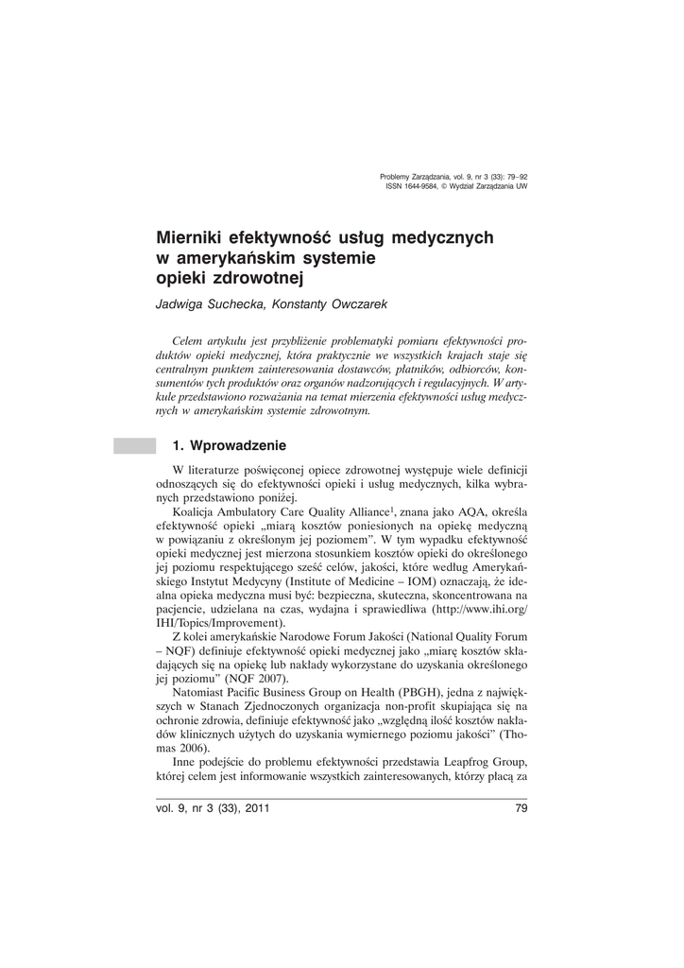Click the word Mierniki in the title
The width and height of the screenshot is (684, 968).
click(191, 238)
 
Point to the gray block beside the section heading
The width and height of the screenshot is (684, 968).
click(133, 445)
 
